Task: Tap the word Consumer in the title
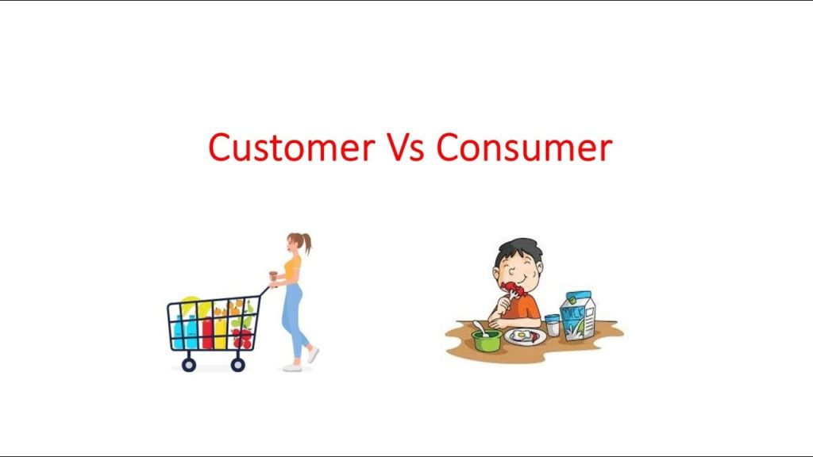(524, 148)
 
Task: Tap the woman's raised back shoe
(313, 354)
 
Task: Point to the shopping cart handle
(264, 291)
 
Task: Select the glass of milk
(552, 325)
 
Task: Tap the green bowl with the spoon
(486, 340)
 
